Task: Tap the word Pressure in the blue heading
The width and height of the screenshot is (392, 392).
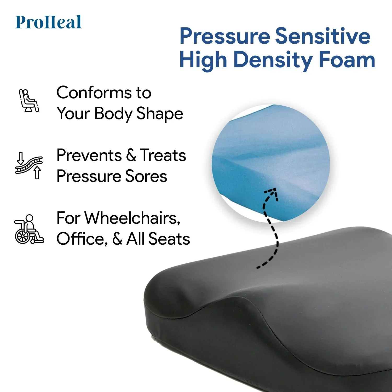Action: point(224,36)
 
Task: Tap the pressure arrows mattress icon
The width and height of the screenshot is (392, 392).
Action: point(29,165)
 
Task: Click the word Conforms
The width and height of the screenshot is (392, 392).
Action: point(94,93)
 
